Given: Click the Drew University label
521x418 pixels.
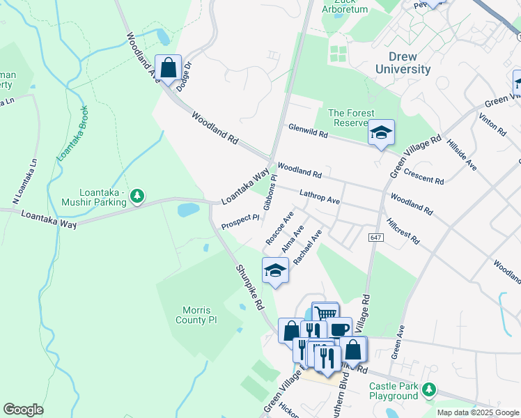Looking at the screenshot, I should pos(403,62).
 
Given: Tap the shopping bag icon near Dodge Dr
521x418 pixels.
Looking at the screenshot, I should pos(168,68).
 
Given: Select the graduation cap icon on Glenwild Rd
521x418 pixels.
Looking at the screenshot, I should pos(381,132).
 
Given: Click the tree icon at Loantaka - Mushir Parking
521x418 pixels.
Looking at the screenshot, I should pos(138,197).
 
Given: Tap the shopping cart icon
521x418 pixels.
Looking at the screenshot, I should pos(325,314).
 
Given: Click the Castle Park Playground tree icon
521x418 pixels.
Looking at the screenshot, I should pos(430,389).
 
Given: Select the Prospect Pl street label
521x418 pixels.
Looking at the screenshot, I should pos(240,222).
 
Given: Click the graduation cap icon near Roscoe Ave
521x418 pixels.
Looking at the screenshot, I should pos(275,270).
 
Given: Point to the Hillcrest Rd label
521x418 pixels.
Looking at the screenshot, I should pos(404,230).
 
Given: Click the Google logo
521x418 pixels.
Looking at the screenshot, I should pos(23,410).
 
